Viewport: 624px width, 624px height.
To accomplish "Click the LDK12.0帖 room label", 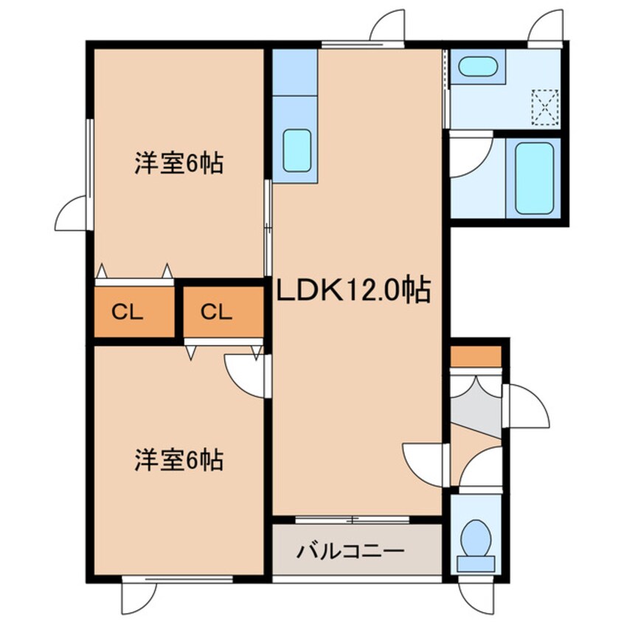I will point(353,292).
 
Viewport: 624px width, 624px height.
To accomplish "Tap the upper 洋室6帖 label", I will point(179,163).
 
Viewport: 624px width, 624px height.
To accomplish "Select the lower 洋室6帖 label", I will point(179,461).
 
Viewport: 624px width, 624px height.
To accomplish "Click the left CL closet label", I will point(128,312).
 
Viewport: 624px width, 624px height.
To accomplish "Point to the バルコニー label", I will point(351,551).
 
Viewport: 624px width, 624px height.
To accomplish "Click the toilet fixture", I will point(476,544).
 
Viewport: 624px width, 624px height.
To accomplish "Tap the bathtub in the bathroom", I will point(534,176).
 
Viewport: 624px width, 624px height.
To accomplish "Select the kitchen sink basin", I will point(297,150).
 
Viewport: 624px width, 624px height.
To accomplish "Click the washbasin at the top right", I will point(476,69).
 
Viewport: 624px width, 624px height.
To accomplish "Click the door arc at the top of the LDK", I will point(388,27).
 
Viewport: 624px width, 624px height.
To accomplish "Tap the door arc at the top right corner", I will point(547,28).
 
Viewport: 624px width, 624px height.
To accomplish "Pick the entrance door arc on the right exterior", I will point(527,405).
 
